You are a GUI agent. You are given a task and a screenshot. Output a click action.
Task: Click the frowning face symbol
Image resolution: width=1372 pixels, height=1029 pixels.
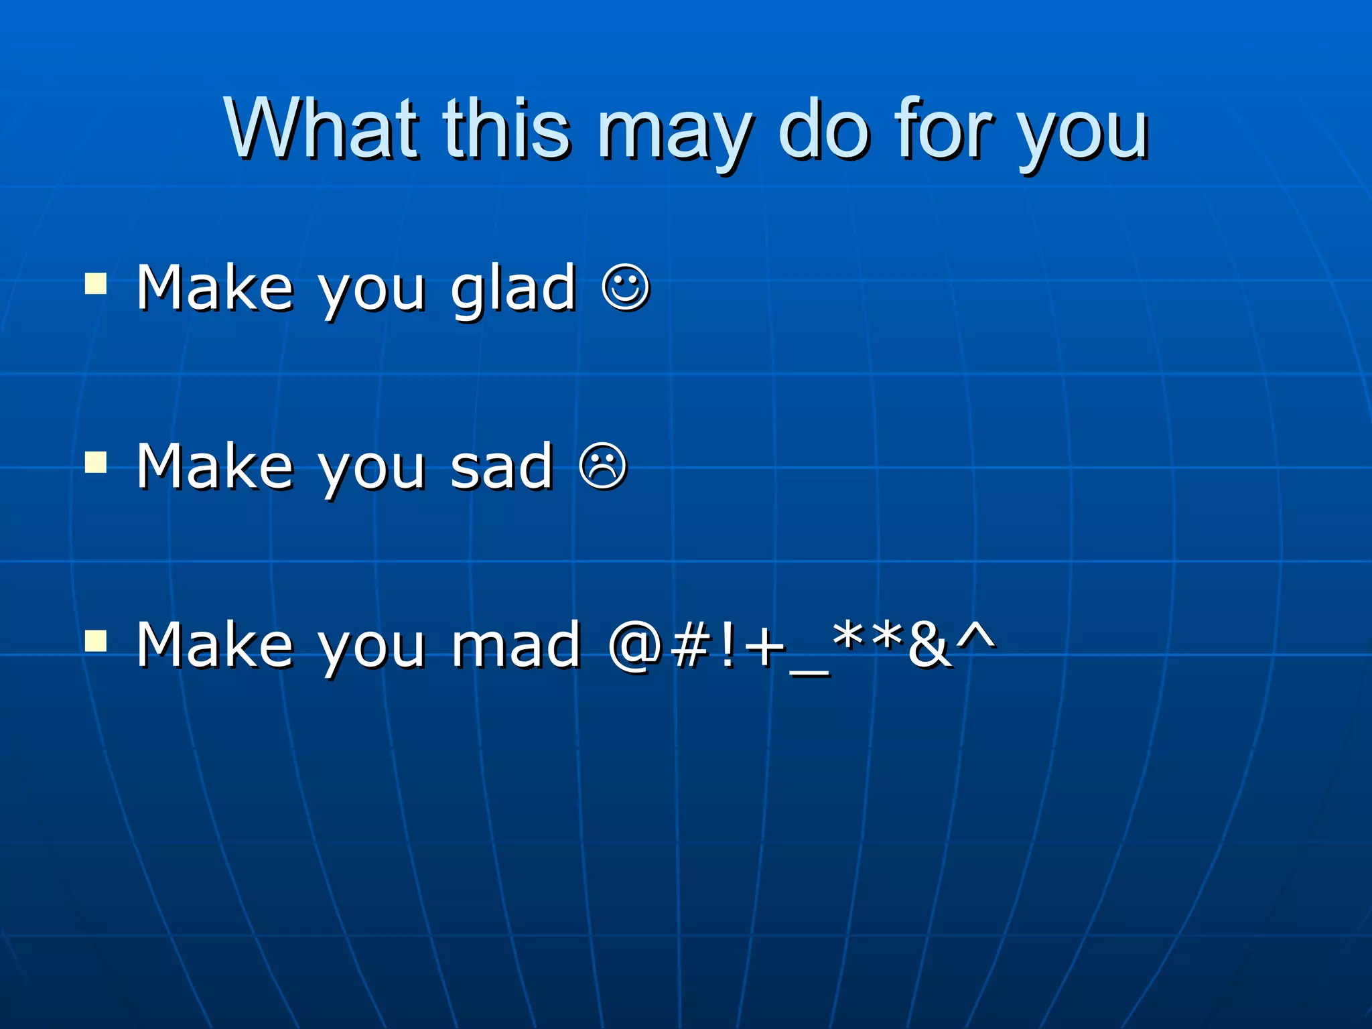[603, 467]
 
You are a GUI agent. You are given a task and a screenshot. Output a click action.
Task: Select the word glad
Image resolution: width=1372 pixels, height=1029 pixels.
[513, 289]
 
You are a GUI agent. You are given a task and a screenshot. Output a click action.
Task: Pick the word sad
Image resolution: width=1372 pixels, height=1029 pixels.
[502, 467]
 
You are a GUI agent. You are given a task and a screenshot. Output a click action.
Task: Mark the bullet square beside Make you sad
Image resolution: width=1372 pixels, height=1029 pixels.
[96, 462]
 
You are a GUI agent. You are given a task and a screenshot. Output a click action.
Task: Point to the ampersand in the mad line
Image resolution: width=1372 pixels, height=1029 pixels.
[930, 645]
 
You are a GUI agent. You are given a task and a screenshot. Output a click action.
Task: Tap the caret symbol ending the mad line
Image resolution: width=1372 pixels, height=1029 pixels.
[975, 633]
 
